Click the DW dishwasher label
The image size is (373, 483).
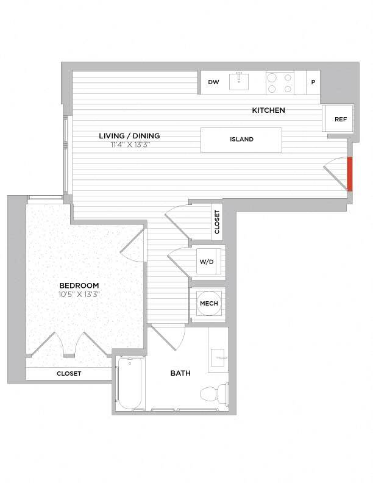213,82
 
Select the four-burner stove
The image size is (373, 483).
280,82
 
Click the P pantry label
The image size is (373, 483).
313,82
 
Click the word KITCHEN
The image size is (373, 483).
269,110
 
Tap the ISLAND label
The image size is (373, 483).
241,139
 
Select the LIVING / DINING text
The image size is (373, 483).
129,136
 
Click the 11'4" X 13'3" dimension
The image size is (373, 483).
129,145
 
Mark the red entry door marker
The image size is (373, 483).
350,174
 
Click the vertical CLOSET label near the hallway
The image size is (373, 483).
217,222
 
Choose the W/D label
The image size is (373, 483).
207,262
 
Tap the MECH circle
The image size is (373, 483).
208,304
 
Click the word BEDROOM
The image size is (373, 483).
79,285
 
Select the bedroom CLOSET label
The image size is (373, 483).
69,373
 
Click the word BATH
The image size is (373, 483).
180,373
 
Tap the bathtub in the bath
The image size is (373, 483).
130,384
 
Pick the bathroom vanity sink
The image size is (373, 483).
218,355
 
